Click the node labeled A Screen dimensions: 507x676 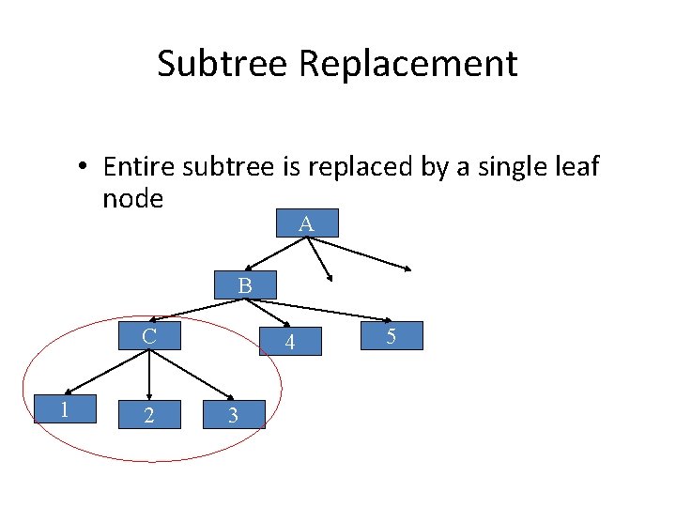[306, 223]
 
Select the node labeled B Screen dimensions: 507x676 [244, 285]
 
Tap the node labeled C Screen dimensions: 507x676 [148, 335]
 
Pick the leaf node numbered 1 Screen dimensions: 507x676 [65, 409]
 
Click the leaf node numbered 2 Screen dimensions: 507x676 [148, 414]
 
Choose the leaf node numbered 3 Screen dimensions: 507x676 [234, 414]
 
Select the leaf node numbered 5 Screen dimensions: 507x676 [392, 335]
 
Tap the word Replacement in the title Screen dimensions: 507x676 [408, 64]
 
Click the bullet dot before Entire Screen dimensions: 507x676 [84, 168]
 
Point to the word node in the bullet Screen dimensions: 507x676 [133, 198]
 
